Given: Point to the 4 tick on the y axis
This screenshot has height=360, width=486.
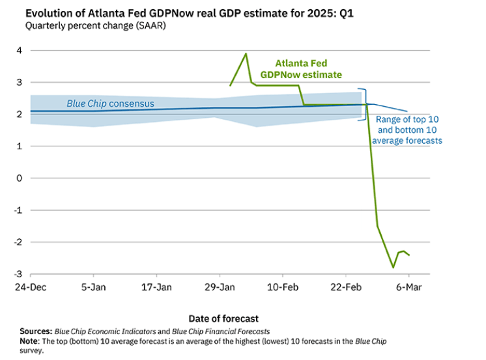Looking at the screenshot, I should click(x=18, y=50).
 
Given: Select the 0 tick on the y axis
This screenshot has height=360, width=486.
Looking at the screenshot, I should click(x=18, y=178).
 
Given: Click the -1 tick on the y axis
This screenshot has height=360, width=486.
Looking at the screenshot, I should click(x=17, y=210).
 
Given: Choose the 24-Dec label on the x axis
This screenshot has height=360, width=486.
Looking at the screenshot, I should click(x=31, y=286).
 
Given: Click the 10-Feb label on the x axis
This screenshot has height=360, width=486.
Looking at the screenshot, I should click(x=283, y=286).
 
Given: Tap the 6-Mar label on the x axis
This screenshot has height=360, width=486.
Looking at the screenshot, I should click(x=408, y=286).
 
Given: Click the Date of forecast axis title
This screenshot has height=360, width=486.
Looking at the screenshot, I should click(x=223, y=318).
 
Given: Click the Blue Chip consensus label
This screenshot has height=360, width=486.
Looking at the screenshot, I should click(x=110, y=104).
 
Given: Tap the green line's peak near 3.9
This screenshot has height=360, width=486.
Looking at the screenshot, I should click(x=246, y=54).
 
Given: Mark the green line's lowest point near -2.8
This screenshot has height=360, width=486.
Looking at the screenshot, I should click(x=393, y=267).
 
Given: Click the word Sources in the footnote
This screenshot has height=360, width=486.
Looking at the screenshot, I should click(x=36, y=331).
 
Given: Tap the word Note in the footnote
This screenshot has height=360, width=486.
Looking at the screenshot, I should click(x=29, y=341).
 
